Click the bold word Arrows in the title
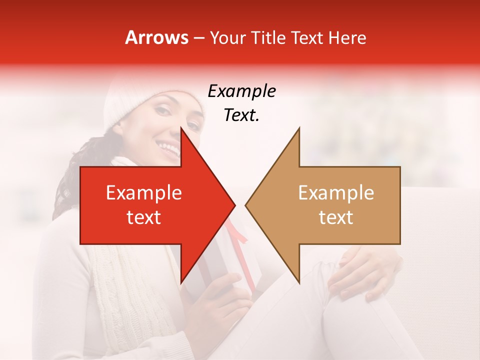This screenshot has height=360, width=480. pyautogui.click(x=156, y=37)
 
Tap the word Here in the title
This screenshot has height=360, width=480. pyautogui.click(x=347, y=37)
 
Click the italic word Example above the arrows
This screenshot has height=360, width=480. pyautogui.click(x=241, y=91)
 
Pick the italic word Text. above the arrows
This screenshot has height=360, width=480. pyautogui.click(x=241, y=115)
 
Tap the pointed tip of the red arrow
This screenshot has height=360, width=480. pyautogui.click(x=234, y=205)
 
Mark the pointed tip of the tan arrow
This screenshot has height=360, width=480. pyautogui.click(x=246, y=205)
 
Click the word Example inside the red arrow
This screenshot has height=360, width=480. pyautogui.click(x=144, y=193)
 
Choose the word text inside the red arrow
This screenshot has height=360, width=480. pyautogui.click(x=144, y=217)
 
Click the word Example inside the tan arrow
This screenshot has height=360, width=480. pyautogui.click(x=336, y=193)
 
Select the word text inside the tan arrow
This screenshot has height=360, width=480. pyautogui.click(x=336, y=217)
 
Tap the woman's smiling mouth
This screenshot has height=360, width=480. pyautogui.click(x=167, y=147)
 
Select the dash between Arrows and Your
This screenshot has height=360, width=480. pyautogui.click(x=198, y=38)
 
